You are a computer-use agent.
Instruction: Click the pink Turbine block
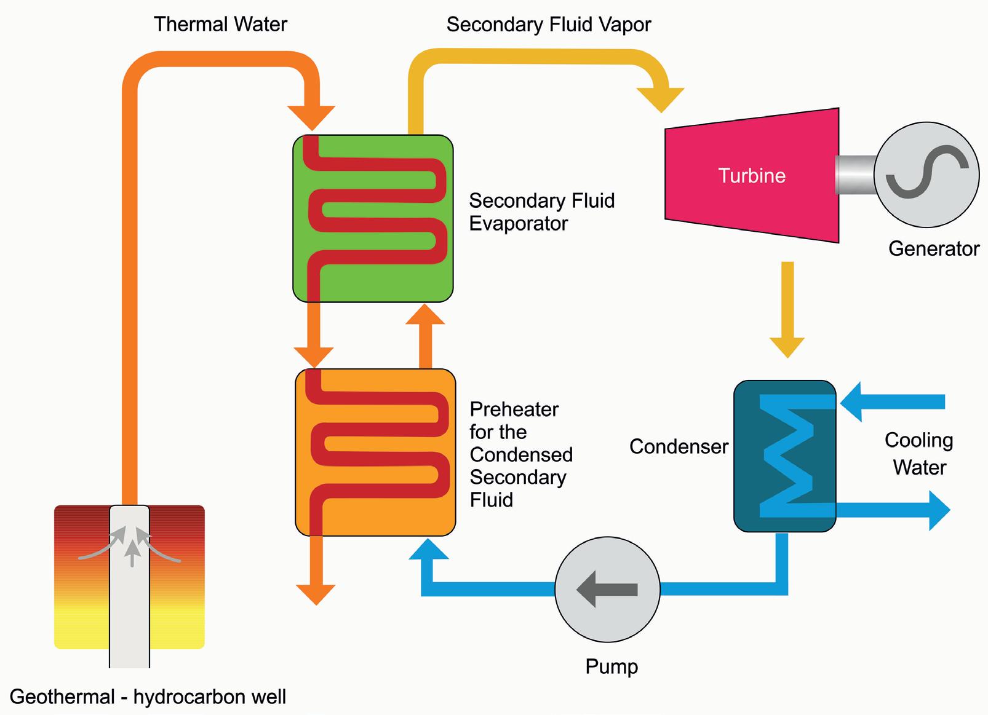752,176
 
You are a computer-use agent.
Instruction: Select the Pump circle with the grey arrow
607,589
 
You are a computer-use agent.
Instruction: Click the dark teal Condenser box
784,456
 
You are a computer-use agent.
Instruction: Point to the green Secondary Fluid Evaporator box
373,218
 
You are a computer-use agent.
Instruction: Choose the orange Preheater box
375,452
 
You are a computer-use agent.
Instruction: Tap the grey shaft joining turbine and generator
855,175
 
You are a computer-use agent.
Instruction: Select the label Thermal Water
220,25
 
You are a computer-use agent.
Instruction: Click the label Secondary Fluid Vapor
548,25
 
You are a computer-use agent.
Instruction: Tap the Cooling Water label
919,454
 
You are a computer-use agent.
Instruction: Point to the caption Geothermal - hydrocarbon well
148,697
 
